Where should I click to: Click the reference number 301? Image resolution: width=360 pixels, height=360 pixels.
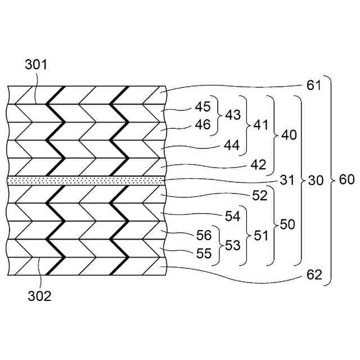point(36,65)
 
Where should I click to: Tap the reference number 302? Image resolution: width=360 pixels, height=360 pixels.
point(39,296)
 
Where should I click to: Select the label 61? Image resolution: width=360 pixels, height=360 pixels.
point(314,86)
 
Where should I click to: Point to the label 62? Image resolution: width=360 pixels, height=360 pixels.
point(314,276)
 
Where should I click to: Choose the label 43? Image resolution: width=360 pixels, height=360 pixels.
point(233,115)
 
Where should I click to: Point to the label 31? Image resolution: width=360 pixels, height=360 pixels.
point(287,181)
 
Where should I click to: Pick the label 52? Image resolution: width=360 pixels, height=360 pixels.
point(259,196)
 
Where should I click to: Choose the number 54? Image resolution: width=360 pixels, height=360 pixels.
point(232,215)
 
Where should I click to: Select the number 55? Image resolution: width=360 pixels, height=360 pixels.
point(203,254)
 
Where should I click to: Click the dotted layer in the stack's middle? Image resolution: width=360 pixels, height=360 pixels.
point(84,179)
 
